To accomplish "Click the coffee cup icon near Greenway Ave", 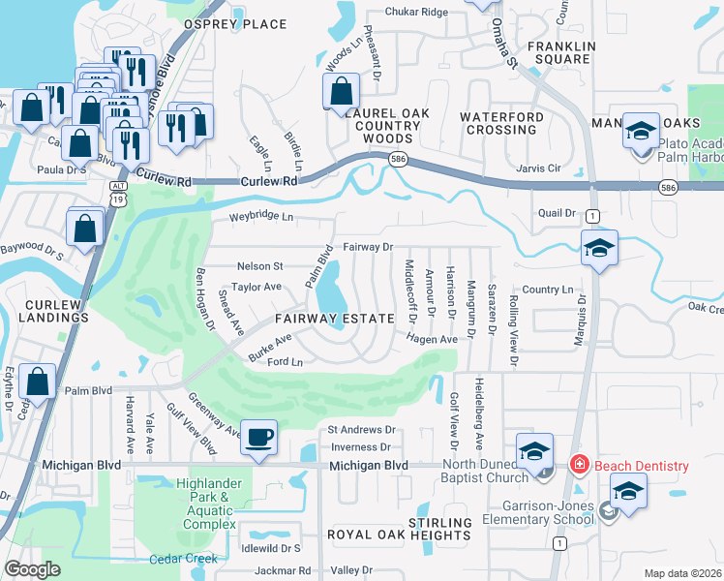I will [x=258, y=437].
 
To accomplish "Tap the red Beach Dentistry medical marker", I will [x=579, y=466].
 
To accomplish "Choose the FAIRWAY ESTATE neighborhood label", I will [x=334, y=319].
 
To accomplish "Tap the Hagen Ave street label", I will [x=432, y=340].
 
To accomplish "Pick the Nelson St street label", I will [x=259, y=265].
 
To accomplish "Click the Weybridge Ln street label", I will [x=260, y=218].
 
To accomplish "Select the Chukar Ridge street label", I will [x=416, y=12].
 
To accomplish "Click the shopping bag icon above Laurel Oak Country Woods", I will [x=341, y=93].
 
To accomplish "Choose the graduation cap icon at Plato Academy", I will [x=640, y=131].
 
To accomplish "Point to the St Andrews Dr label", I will [x=362, y=429].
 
